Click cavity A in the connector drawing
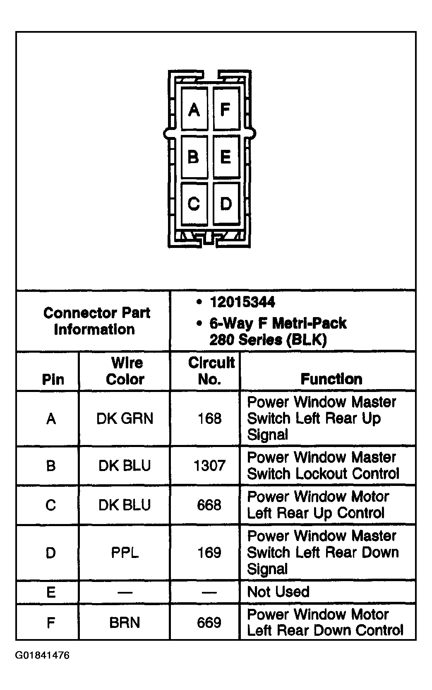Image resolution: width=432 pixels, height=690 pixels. click(x=194, y=109)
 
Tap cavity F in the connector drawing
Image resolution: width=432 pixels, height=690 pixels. click(x=226, y=109)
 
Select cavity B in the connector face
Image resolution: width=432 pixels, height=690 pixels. click(x=194, y=157)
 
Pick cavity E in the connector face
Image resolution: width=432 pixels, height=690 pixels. click(x=226, y=157)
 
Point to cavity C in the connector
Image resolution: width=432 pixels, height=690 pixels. click(x=194, y=204)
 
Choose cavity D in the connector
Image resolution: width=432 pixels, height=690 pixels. click(x=226, y=204)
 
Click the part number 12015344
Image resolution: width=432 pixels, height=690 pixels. click(x=242, y=302)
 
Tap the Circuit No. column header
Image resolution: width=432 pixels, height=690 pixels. click(x=211, y=371)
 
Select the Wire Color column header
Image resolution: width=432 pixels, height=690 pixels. click(x=125, y=371)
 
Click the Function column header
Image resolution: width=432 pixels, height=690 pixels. click(x=331, y=379)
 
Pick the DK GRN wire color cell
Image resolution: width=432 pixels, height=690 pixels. click(x=125, y=418)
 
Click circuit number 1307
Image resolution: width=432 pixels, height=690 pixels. click(x=209, y=466)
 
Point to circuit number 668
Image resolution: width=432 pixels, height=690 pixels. click(x=209, y=505)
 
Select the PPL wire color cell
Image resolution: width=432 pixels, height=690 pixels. click(x=125, y=553)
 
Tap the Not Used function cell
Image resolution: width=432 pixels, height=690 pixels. click(x=278, y=592)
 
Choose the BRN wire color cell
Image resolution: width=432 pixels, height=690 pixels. click(x=125, y=623)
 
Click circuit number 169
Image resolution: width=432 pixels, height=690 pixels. click(x=209, y=553)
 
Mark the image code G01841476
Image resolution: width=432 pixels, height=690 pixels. click(x=43, y=656)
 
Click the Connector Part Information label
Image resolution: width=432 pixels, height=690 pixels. click(x=96, y=321)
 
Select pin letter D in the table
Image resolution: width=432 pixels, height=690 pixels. click(x=50, y=553)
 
